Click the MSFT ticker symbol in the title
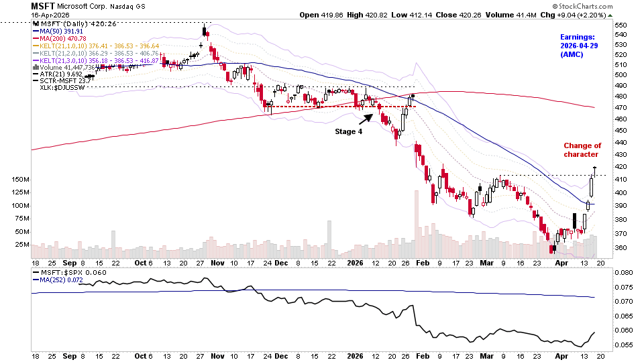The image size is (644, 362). click(x=43, y=5)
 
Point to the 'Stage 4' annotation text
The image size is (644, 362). click(x=348, y=131)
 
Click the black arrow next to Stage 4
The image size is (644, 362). click(x=364, y=119)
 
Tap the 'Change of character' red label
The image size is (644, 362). click(x=582, y=150)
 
